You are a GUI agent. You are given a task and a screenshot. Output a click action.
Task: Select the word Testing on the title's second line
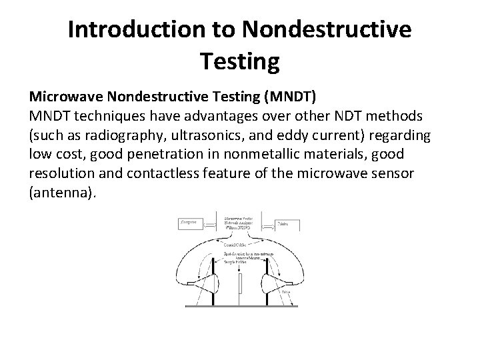[x=239, y=63]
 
